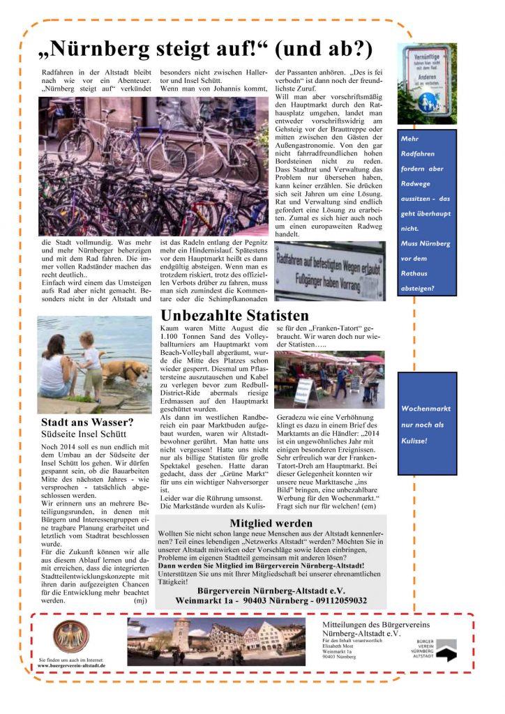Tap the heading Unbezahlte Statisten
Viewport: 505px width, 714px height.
[234, 315]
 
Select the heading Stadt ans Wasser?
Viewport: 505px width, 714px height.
[86, 422]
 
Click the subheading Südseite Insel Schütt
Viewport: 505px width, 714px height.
[83, 433]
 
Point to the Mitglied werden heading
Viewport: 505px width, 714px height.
[271, 523]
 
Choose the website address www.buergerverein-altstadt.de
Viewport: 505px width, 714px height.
[72, 665]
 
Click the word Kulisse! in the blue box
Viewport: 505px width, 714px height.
[416, 441]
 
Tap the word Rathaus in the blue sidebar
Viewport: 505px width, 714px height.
[416, 273]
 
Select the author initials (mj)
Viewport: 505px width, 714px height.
[140, 599]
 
